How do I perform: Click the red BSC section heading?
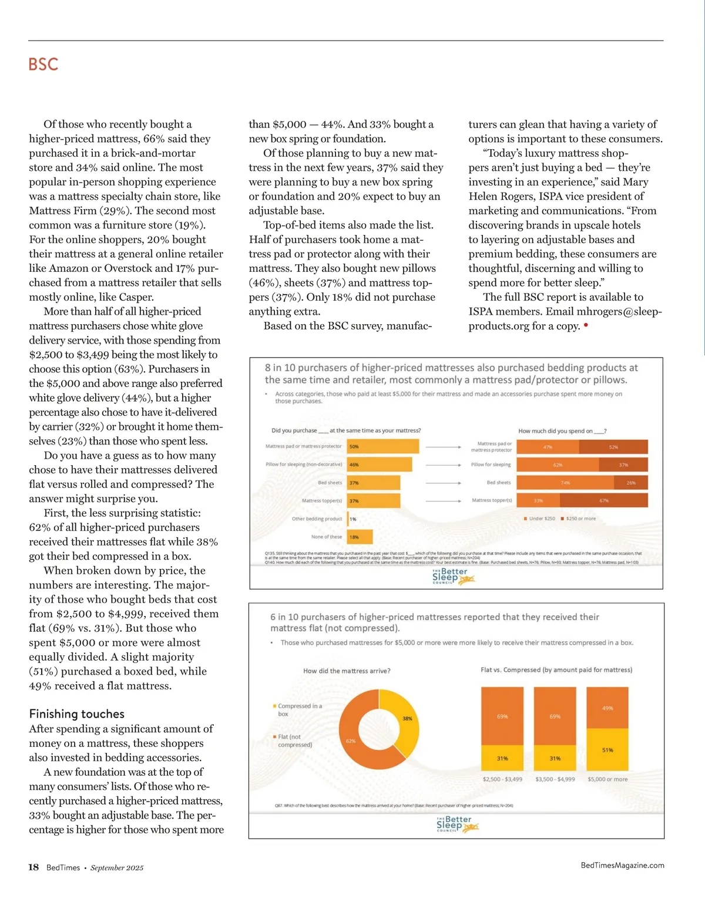coord(43,64)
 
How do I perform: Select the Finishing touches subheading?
coord(77,714)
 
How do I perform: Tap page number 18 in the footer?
coord(33,867)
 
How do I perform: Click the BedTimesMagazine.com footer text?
coord(622,865)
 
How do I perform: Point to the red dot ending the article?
coord(586,325)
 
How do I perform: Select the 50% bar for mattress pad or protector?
coord(382,446)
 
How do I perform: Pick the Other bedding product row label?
coord(317,519)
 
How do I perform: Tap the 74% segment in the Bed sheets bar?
coord(565,483)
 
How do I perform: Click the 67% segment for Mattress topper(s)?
coord(603,500)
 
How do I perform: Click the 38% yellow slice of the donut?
coord(407,718)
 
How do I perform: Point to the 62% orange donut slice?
coord(351,741)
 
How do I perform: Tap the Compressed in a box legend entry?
coord(298,709)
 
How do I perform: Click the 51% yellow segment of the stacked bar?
coord(607,750)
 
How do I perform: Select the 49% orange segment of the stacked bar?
coord(607,708)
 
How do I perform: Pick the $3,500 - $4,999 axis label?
coord(555,779)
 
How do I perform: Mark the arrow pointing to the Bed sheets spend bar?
coord(444,483)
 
